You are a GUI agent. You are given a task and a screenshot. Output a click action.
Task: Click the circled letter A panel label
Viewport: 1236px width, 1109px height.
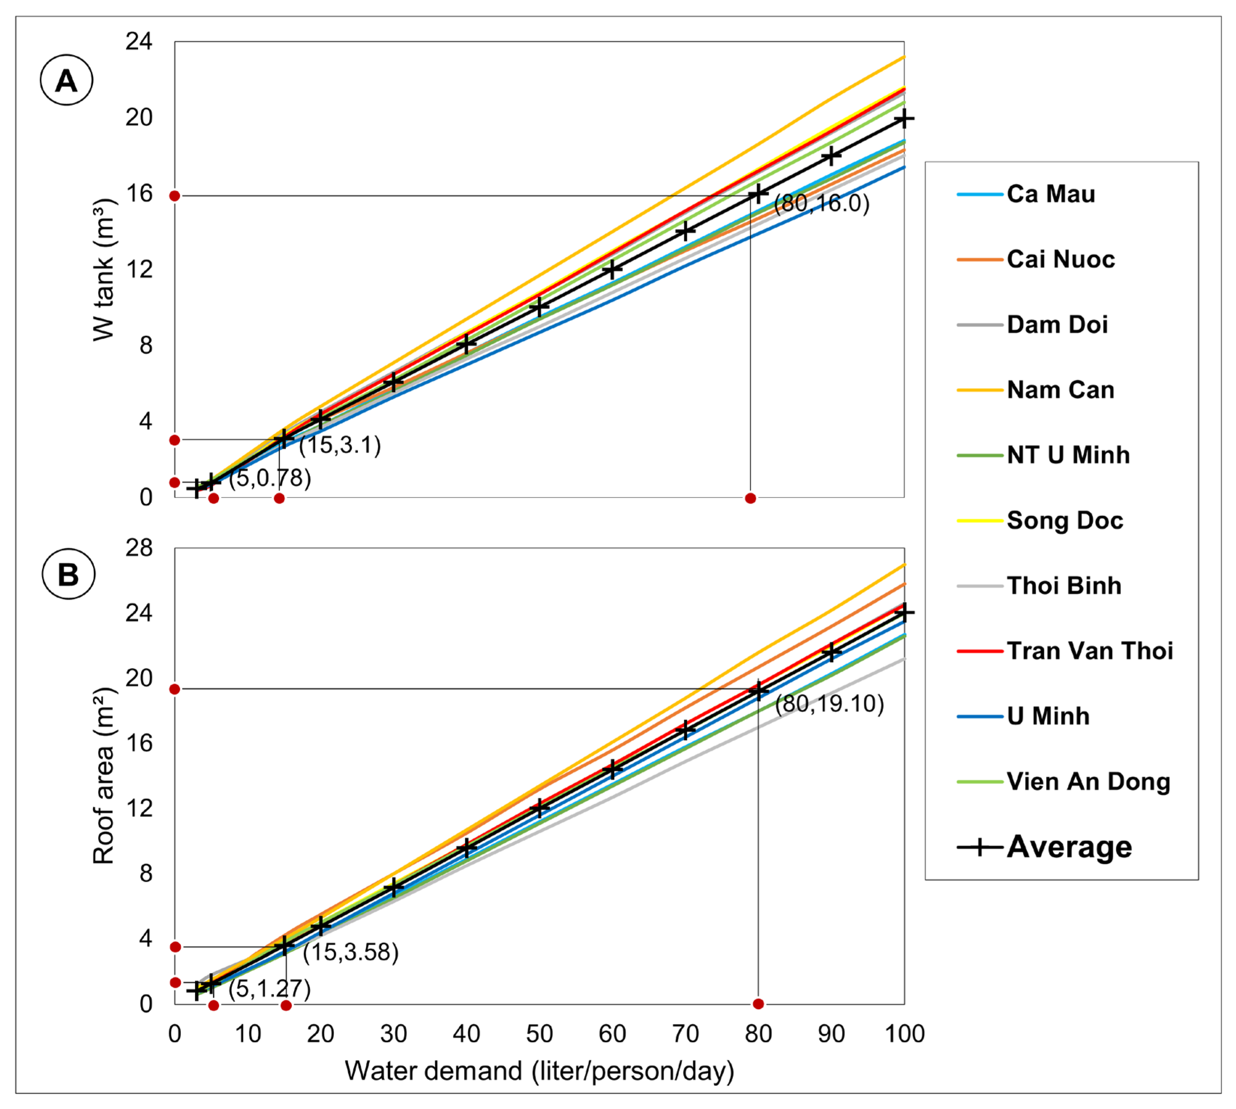[x=66, y=80]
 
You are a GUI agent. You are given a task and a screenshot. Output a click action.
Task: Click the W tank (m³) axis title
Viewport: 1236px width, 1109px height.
[x=104, y=269]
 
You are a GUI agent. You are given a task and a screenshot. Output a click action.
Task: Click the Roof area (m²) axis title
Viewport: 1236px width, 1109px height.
[x=104, y=775]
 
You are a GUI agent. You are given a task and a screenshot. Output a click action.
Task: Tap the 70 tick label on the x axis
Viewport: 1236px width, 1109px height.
[x=685, y=1034]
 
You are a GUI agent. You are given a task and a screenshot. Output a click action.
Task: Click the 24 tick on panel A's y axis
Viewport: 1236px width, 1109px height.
[x=139, y=41]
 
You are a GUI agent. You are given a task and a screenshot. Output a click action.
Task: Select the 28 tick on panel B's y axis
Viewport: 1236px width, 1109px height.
[x=139, y=548]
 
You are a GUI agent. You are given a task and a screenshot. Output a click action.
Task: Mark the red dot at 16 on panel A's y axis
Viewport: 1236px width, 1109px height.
[x=175, y=196]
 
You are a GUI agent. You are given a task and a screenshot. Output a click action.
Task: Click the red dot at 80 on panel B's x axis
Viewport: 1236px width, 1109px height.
[x=758, y=1004]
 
